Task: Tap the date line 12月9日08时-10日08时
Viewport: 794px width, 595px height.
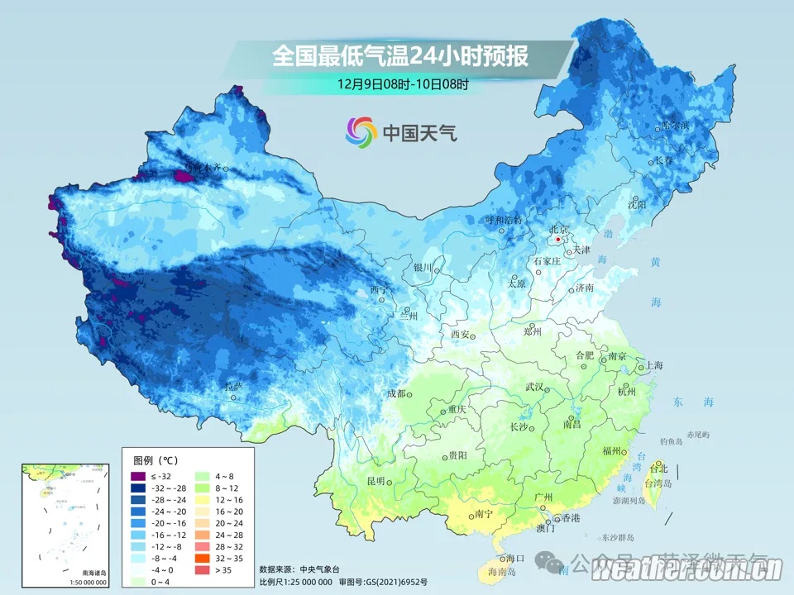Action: [x=403, y=83]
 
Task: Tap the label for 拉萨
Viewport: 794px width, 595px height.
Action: [x=233, y=387]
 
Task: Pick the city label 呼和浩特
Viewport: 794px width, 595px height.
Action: [x=504, y=220]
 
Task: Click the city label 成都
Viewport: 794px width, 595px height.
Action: [x=397, y=393]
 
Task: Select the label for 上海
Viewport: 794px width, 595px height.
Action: [x=654, y=364]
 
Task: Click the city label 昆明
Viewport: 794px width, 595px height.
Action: [x=376, y=481]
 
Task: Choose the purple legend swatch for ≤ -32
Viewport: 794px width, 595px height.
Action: [x=137, y=477]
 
